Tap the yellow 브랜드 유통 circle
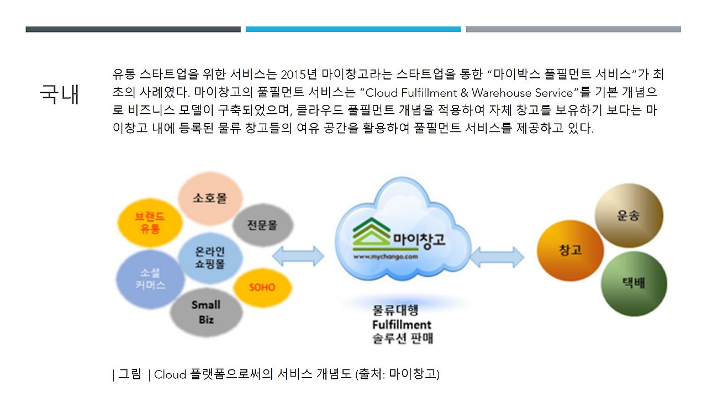[x=150, y=223]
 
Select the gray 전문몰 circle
[x=262, y=225]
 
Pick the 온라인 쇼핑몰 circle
[x=210, y=258]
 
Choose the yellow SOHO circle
[x=262, y=287]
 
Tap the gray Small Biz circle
[x=206, y=312]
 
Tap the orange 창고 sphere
[x=570, y=250]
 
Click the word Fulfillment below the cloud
[x=402, y=325]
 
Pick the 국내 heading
[x=60, y=94]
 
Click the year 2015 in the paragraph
[x=293, y=75]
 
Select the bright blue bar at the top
[x=353, y=29]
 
